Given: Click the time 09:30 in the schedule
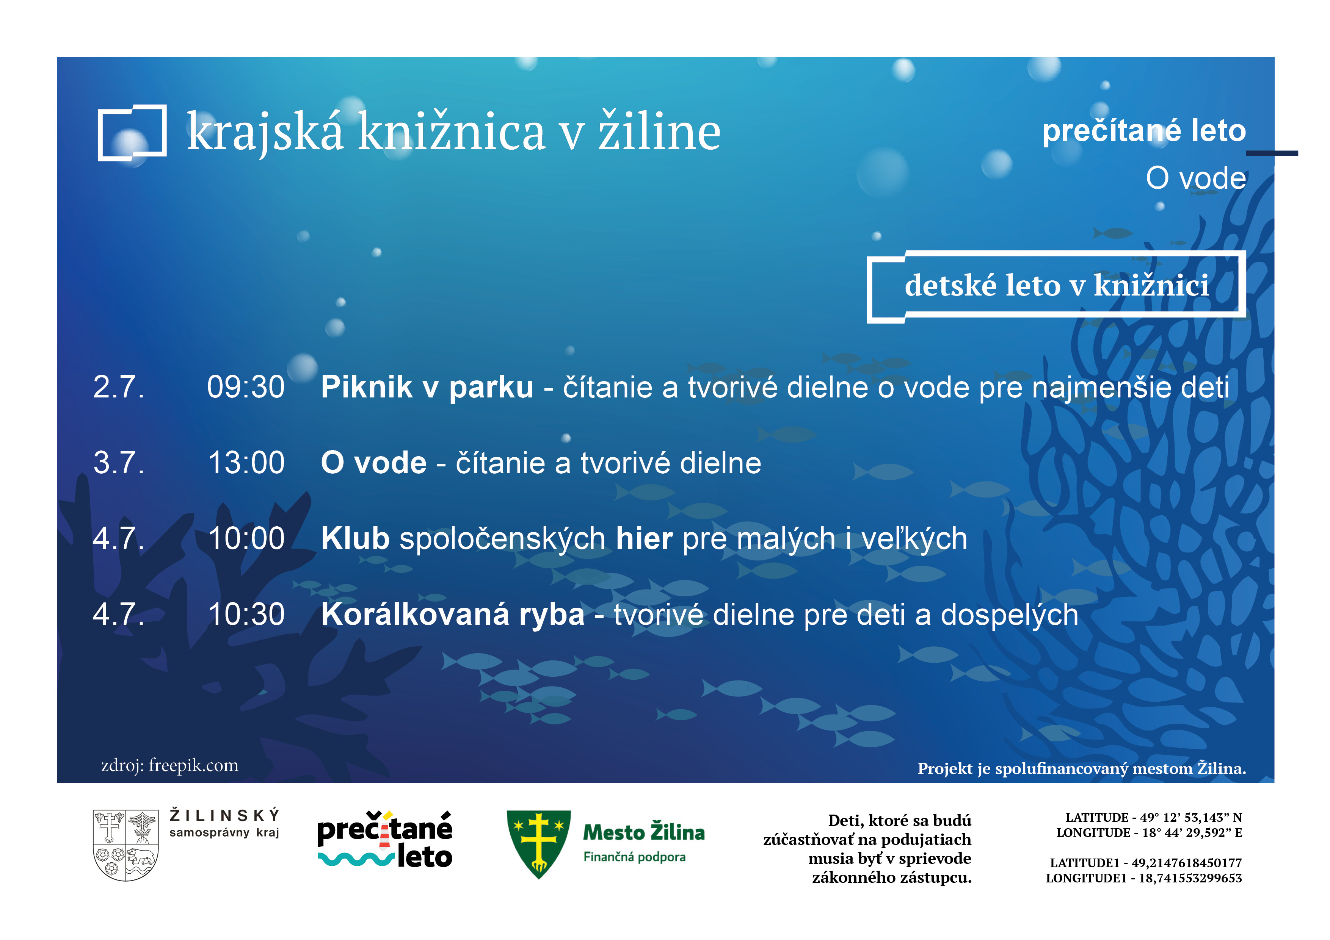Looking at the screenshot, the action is point(246,387).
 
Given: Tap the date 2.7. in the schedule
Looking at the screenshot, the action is point(119,387).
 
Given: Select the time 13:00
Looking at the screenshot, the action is point(246,463).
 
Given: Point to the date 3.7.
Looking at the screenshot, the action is point(119,463).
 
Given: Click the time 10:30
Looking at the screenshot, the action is point(246,614).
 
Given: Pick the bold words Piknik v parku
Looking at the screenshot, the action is point(427,387).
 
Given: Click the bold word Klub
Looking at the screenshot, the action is point(355,538).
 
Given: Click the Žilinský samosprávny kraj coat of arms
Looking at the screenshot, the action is point(126,845).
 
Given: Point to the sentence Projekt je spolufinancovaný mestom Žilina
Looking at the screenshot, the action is point(1082,769).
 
